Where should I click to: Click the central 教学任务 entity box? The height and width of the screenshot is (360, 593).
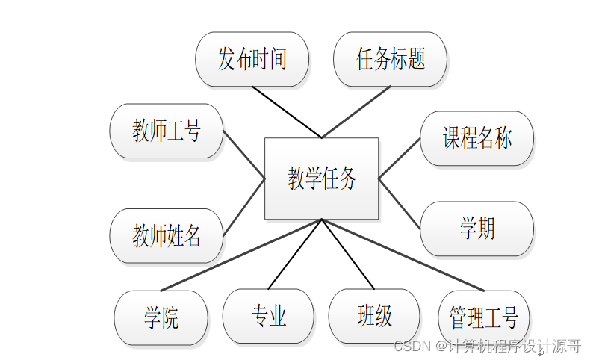322,179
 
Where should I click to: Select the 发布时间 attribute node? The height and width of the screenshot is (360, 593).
252,59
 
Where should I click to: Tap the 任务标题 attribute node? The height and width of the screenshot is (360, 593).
390,59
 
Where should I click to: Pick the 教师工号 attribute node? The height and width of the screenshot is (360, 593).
167,132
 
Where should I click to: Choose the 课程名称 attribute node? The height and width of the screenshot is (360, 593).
476,138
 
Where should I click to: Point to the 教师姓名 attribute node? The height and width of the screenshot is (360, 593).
167,236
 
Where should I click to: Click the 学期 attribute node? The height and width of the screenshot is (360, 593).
476,229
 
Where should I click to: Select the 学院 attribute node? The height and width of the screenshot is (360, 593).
161,317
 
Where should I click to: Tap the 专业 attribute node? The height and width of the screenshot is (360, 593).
268,316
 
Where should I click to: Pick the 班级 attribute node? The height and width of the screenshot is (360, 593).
374,316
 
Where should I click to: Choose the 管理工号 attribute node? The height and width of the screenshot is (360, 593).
483,317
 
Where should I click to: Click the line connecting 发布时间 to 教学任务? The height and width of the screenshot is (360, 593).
287,112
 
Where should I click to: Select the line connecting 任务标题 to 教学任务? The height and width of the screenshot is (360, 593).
356,112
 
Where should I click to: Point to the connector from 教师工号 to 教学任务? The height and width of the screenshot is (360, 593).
244,155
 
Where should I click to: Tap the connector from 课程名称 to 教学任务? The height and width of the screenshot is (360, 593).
400,158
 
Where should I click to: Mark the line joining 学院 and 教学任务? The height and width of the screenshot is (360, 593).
240,255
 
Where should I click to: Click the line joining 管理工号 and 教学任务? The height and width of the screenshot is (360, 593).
403,255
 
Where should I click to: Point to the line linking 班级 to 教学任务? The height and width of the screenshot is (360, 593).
347,254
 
